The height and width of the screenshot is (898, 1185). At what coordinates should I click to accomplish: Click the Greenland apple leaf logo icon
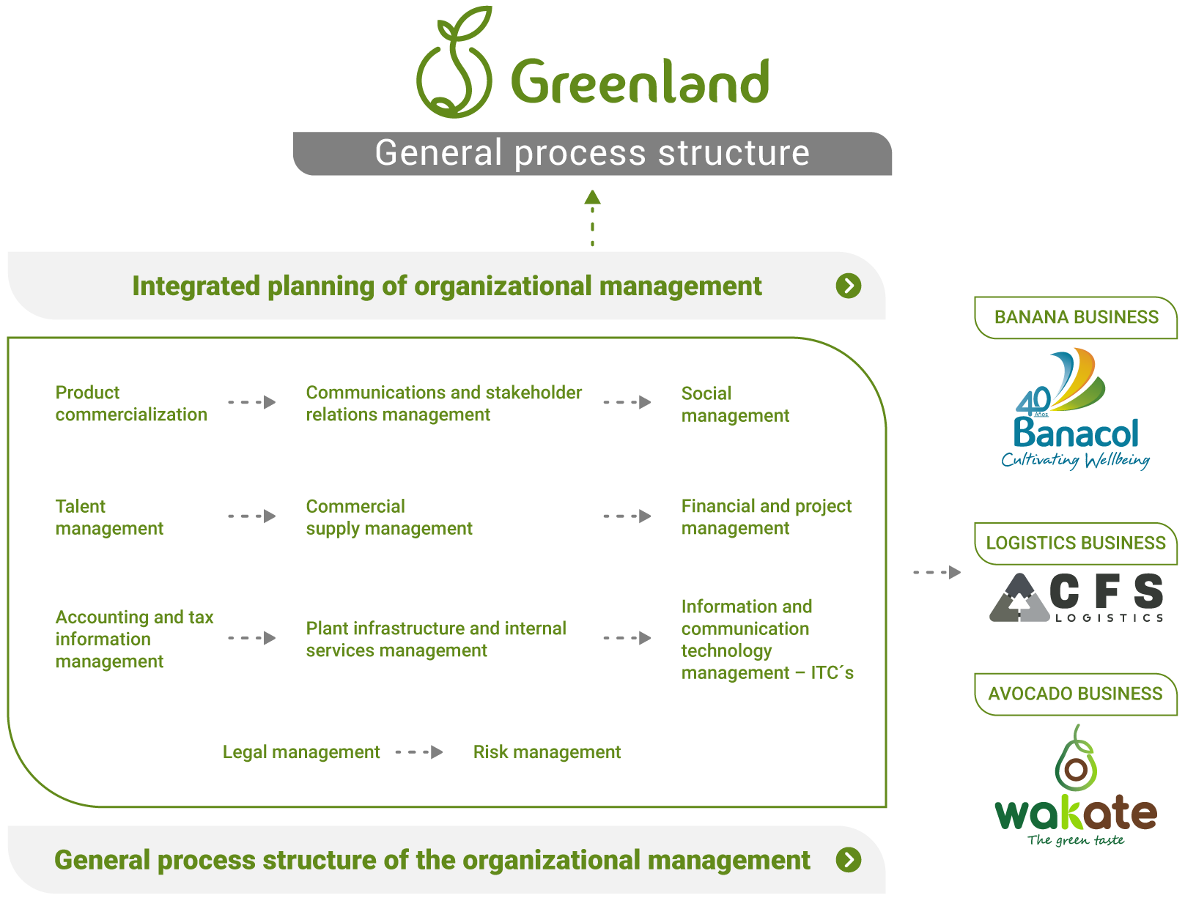coord(454,62)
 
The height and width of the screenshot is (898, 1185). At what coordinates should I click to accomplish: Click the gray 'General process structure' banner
coord(591,153)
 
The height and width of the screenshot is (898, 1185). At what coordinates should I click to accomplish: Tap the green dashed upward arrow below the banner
coord(592,218)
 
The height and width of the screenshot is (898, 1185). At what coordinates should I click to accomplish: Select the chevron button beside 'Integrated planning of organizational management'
coord(848,286)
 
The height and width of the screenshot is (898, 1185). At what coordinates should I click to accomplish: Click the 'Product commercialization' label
coord(131,403)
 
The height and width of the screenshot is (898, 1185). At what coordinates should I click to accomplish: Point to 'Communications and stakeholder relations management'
coord(444,403)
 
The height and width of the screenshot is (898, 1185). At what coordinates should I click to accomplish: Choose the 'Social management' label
coord(735,404)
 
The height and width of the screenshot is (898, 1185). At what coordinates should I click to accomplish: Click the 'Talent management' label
coord(109,516)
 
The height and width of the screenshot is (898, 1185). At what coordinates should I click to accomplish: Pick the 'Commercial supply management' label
coord(388,516)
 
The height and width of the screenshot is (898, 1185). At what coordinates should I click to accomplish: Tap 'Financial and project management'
coord(766,516)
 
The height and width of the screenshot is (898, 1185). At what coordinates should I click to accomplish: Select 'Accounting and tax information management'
coord(134,639)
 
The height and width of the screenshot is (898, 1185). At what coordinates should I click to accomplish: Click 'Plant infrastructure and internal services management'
coord(435,639)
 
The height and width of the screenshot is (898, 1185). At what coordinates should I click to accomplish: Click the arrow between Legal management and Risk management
coord(419,752)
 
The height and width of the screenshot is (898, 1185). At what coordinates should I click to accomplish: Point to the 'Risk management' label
coord(547,752)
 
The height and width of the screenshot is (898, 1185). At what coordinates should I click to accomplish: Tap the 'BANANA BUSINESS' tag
coord(1075,317)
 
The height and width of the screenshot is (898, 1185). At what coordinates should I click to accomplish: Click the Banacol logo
coord(1075,409)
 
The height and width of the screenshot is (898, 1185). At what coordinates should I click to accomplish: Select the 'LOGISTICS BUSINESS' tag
coord(1075,543)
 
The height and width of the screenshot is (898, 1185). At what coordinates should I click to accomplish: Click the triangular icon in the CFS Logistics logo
coord(1019,598)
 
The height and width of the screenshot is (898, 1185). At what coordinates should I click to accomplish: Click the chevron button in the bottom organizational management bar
coord(848,860)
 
